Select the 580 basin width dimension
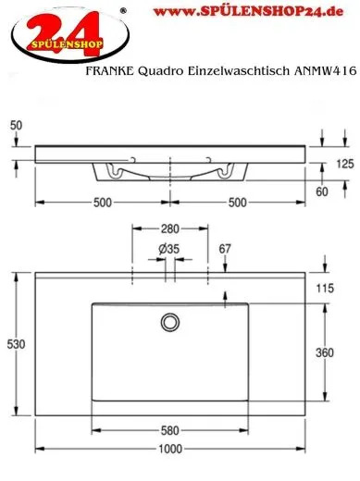point(170,428)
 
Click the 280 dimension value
point(169,228)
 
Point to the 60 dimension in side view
point(322,191)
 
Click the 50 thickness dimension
point(16,124)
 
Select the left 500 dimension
point(102,203)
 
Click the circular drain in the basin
point(170,321)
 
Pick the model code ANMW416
point(323,68)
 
